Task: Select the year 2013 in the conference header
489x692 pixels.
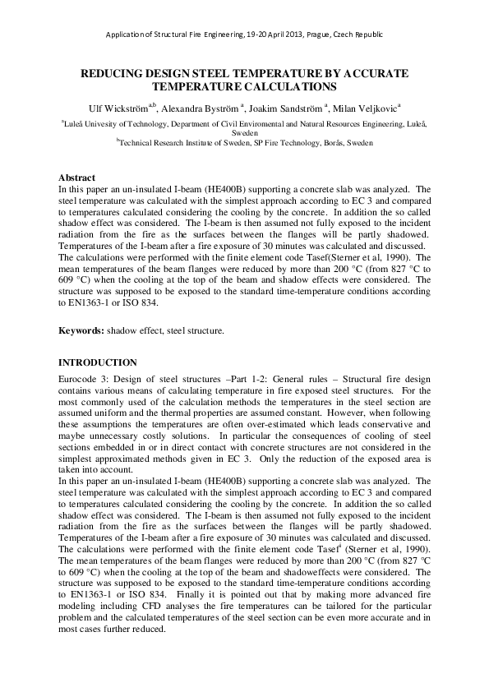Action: click(287, 35)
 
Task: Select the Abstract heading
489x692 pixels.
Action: click(76, 178)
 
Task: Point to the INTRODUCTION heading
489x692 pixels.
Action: click(97, 362)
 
